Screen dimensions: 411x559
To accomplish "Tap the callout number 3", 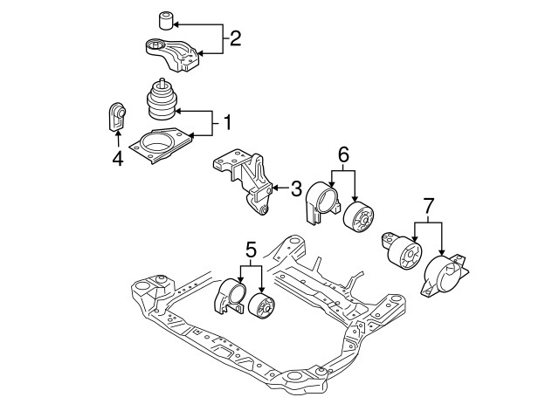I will [x=296, y=187].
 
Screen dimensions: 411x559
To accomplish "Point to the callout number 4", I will [x=116, y=158].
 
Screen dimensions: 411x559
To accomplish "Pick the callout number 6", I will [x=343, y=155].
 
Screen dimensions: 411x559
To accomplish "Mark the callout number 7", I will [x=428, y=208].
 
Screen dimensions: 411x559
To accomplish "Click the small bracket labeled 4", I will [x=115, y=117].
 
